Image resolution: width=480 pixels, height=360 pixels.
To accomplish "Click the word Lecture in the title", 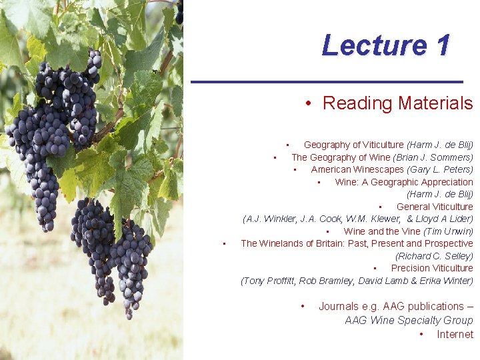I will (x=371, y=45).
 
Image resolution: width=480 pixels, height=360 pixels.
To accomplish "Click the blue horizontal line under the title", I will (x=327, y=81).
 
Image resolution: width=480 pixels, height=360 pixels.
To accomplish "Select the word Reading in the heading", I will (x=357, y=103).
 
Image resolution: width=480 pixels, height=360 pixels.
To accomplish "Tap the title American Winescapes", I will (x=356, y=169).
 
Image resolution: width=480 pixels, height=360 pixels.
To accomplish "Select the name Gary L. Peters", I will (x=441, y=169).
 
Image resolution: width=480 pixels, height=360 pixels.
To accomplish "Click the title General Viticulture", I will (x=435, y=207).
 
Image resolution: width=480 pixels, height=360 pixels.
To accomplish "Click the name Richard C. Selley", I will (x=434, y=256).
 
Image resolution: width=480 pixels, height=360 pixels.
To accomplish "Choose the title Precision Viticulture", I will (x=432, y=268).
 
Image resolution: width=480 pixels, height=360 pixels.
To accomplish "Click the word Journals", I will (x=339, y=306).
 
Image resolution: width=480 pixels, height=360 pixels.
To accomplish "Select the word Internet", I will (x=455, y=334).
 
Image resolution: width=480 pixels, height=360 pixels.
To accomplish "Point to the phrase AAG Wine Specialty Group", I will (x=409, y=320).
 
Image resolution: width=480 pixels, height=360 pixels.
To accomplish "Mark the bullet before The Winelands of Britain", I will (x=225, y=243).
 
